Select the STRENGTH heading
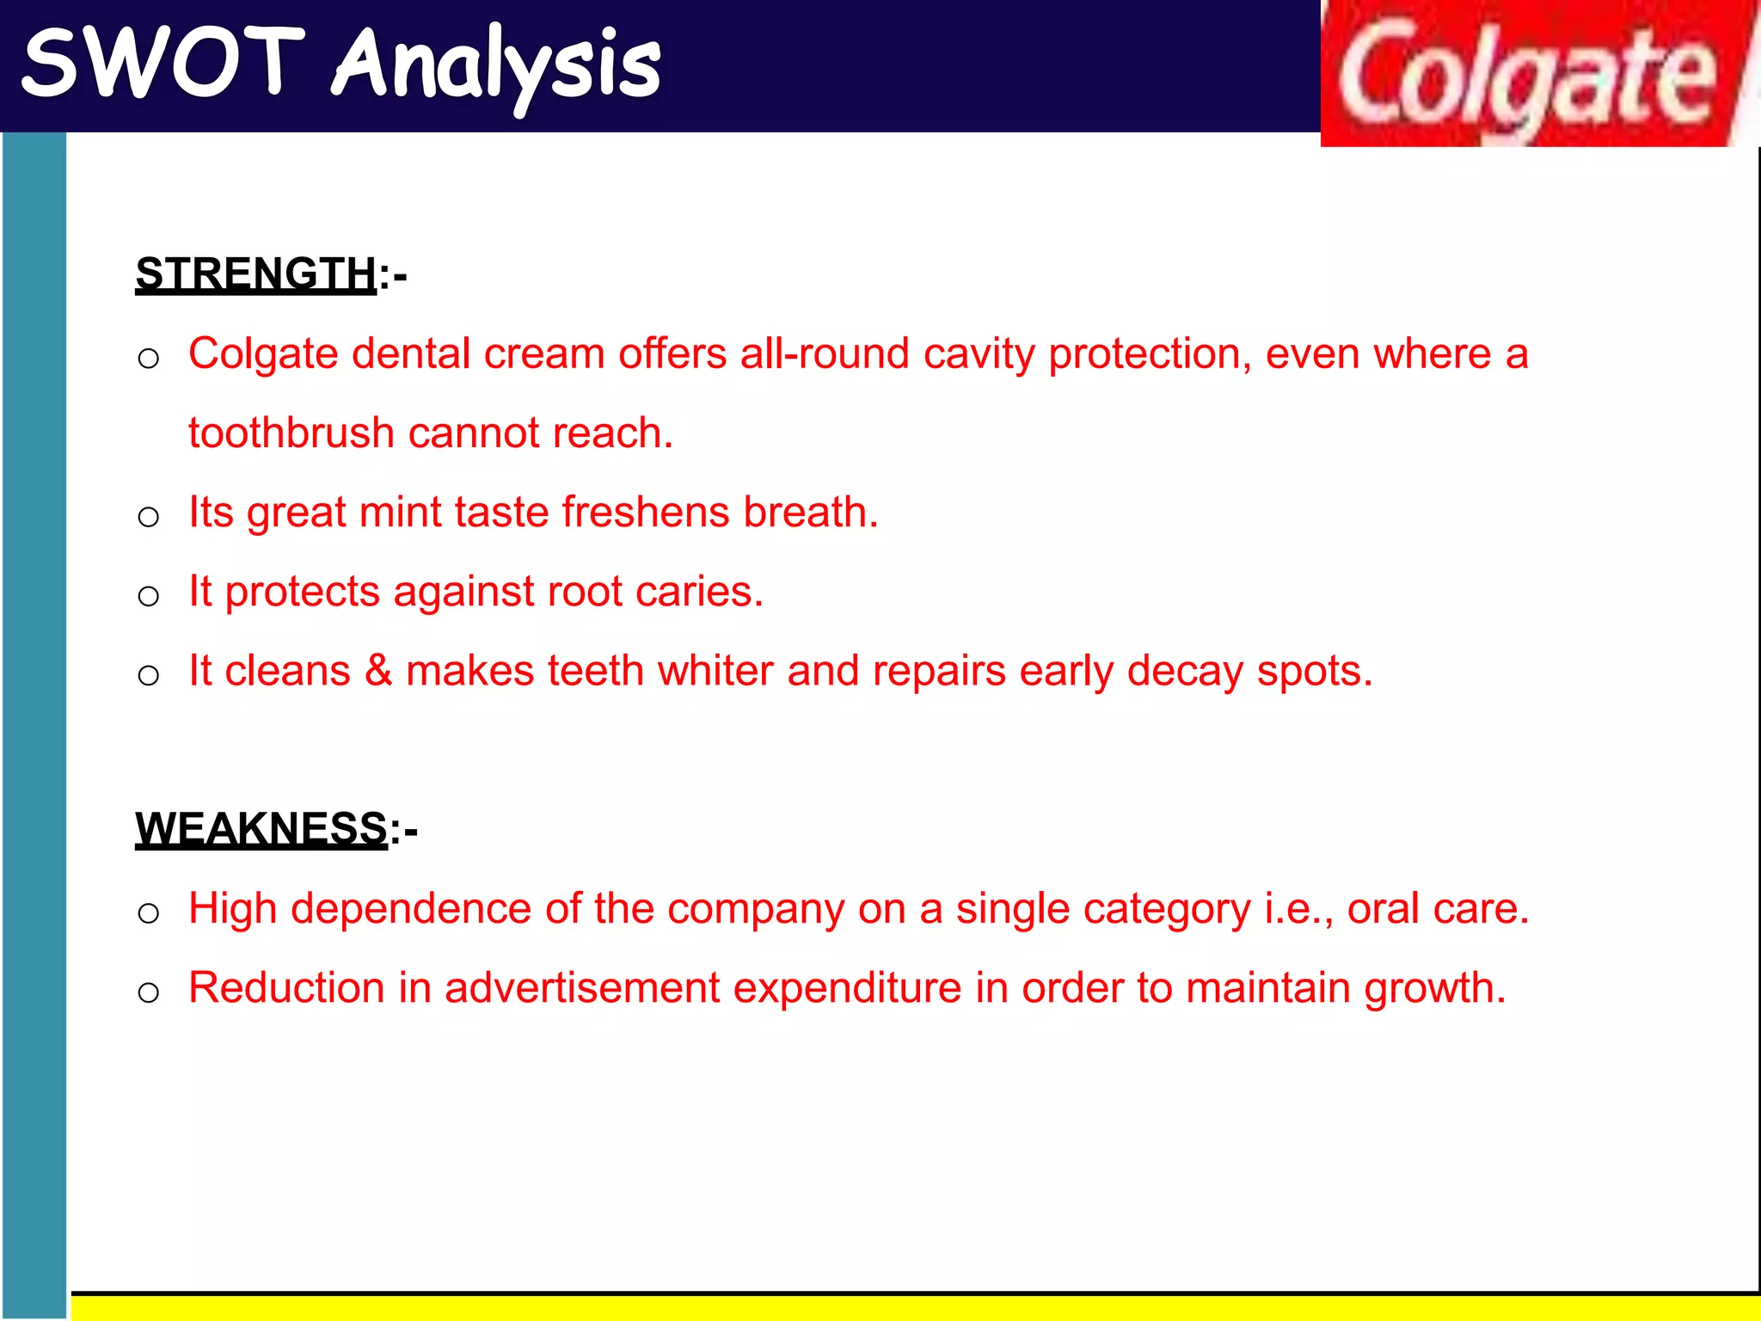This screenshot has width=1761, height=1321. tap(256, 273)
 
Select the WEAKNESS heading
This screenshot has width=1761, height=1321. tap(261, 828)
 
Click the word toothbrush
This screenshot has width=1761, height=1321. tap(291, 433)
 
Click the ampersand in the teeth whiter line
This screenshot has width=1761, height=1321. tap(378, 671)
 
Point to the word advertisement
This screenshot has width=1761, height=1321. tap(582, 988)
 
